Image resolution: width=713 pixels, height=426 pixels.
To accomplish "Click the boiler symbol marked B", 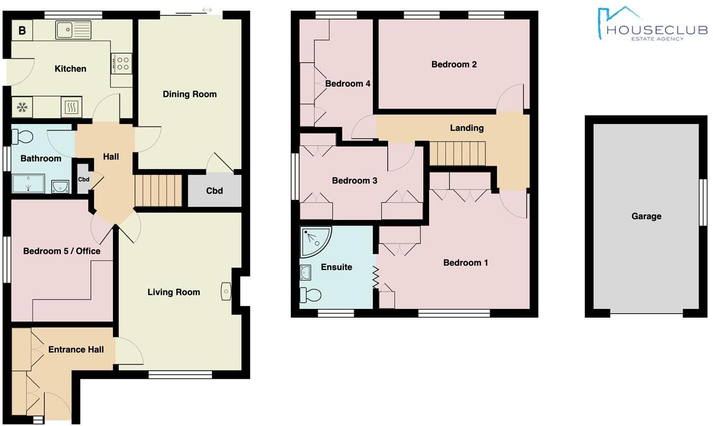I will tap(22, 30).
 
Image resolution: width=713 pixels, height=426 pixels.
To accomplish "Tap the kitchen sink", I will tap(73, 30).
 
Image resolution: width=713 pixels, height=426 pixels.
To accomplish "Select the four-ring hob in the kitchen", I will tap(121, 63).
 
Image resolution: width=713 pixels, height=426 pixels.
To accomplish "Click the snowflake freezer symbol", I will tap(22, 107).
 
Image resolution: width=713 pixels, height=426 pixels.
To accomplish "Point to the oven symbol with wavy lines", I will tap(71, 107).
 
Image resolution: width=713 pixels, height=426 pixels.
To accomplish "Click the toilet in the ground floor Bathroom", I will tap(23, 136).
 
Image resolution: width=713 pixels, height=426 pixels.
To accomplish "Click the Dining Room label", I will tap(189, 94).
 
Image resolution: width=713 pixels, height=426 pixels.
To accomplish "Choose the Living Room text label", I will tap(174, 292).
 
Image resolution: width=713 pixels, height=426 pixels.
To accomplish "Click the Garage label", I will tap(646, 216).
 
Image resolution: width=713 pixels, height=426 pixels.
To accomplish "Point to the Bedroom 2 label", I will tap(454, 64).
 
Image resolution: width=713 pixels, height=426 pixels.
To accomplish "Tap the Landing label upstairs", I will tap(467, 128).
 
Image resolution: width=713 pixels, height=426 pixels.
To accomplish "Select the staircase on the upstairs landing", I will tap(457, 153).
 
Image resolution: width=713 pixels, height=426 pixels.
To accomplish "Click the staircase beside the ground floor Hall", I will tap(158, 190).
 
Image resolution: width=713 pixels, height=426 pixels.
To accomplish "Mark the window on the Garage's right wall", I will tap(703, 202).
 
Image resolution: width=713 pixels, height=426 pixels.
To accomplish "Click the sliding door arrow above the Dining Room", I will tap(206, 10).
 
